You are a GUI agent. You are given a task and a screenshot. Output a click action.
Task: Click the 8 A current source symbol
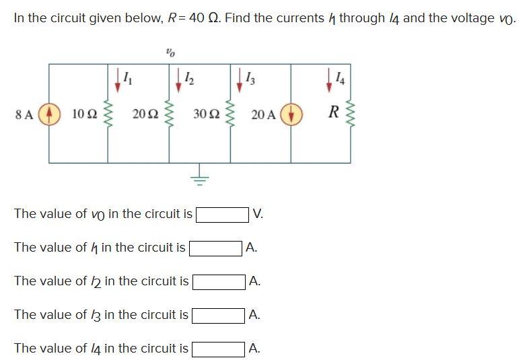pos(48,114)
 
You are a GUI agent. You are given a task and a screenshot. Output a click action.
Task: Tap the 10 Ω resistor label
pos(83,114)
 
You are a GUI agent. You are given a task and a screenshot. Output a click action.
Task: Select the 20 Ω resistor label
pos(143,114)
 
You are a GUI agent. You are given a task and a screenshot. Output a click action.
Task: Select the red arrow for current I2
pos(178,77)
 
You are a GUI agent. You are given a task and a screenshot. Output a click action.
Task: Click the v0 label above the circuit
pos(169,50)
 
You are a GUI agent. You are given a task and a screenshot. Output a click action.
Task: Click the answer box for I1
pos(216,248)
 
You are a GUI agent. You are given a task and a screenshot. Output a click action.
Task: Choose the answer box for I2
pos(219,282)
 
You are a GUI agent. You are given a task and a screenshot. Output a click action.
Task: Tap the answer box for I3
pos(219,316)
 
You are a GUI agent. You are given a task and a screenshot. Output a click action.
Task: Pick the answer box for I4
pos(219,349)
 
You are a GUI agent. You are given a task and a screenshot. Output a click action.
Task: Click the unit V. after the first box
pos(258,215)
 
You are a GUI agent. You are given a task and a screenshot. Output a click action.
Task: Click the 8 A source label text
pos(24,114)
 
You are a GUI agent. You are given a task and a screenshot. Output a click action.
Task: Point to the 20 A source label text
pos(263,114)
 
